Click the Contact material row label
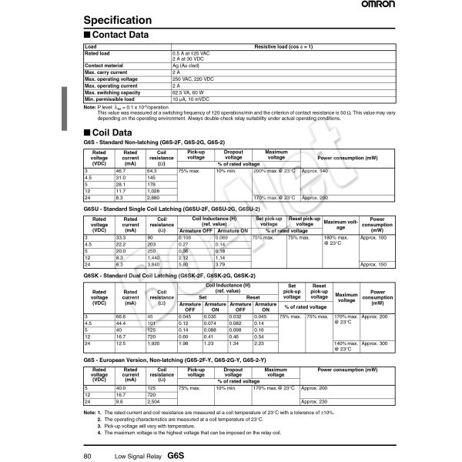104,67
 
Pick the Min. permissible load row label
109,99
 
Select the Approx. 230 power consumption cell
315,402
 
